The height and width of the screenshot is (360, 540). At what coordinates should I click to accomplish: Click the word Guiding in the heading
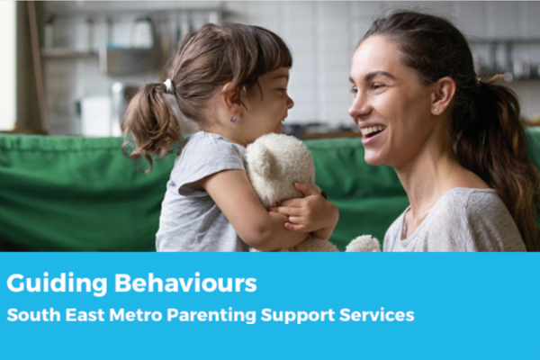(57, 284)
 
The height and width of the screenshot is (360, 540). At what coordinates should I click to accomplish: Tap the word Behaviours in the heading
(185, 283)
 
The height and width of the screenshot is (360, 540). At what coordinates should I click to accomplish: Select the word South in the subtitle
(33, 315)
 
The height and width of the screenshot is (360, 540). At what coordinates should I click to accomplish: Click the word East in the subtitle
(85, 315)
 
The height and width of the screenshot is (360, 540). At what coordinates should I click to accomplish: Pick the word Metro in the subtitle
(135, 315)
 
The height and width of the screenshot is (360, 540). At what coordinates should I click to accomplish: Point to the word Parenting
(211, 316)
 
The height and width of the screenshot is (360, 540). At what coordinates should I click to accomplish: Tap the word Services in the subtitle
(376, 315)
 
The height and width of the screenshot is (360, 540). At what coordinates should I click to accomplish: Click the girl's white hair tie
(169, 85)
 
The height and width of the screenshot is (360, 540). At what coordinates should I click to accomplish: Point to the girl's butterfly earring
(234, 120)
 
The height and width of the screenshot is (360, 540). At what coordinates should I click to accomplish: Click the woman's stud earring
(436, 110)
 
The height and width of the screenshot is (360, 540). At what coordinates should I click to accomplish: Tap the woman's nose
(356, 105)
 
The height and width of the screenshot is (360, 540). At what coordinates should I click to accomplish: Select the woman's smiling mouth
(372, 132)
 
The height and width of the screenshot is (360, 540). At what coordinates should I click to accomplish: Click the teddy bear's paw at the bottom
(364, 244)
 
